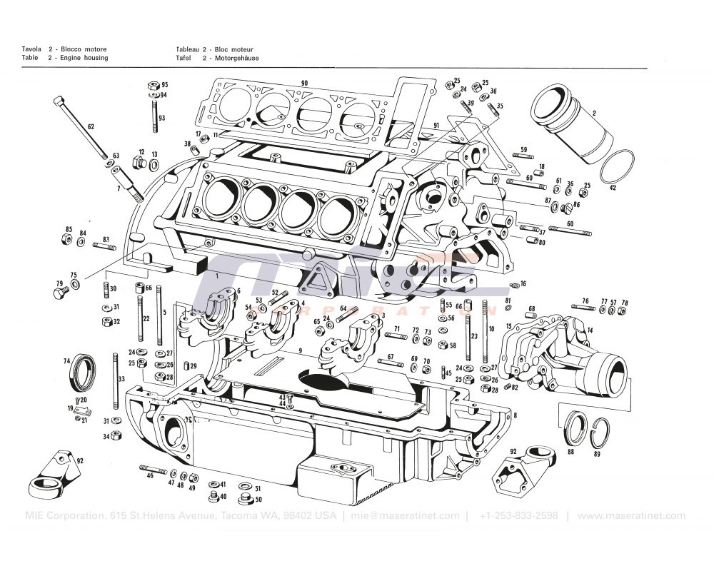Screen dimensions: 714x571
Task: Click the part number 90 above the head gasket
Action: [304, 84]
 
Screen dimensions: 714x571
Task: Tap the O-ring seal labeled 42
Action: [618, 170]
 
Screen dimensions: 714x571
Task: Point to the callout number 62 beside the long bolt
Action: [91, 126]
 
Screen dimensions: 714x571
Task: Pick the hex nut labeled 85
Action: [69, 239]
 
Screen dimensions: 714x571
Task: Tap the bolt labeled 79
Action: [61, 292]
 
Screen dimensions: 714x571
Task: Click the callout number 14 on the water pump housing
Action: [590, 330]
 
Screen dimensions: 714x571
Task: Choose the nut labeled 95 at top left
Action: [153, 84]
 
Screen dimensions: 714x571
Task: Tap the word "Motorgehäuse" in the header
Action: [235, 58]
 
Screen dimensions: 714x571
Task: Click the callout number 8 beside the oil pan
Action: [515, 415]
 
